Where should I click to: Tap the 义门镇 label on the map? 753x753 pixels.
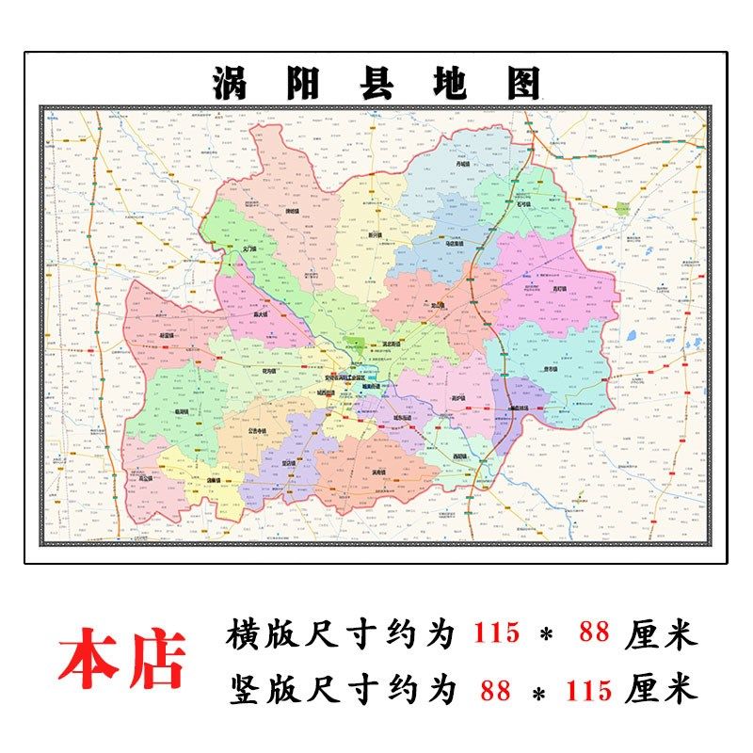pyautogui.click(x=248, y=249)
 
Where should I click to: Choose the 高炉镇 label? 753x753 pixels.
pyautogui.click(x=458, y=397)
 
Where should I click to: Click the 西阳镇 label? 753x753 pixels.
pyautogui.click(x=459, y=458)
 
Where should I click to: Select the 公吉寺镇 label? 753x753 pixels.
pyautogui.click(x=258, y=431)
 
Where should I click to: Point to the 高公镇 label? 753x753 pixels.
pyautogui.click(x=146, y=477)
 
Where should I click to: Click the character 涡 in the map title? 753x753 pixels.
pyautogui.click(x=230, y=85)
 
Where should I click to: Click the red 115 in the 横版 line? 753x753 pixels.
pyautogui.click(x=496, y=633)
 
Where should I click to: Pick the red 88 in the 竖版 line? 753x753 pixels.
pyautogui.click(x=494, y=691)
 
